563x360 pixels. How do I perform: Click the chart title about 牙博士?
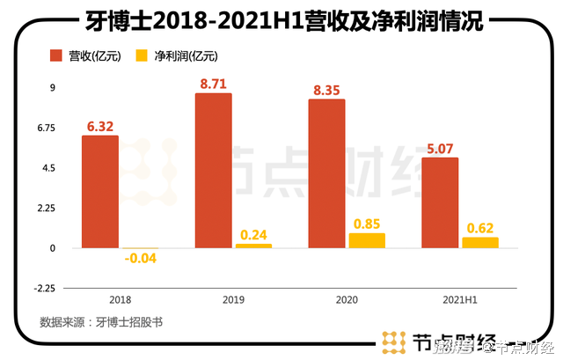coord(281,19)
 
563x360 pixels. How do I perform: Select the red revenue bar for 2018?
coord(99,191)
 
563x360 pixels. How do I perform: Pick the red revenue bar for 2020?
coord(326,173)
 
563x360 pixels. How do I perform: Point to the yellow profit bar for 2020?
coord(367,240)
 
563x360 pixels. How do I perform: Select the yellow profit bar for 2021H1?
coord(480,242)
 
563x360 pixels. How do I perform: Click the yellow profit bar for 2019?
coord(253,246)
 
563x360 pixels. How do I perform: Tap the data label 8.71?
coord(215,84)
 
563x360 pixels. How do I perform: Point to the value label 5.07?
coord(442,148)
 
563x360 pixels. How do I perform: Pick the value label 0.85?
coord(367,224)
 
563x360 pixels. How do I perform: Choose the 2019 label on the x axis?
coord(233,299)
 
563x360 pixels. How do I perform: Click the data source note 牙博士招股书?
coord(102,323)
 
